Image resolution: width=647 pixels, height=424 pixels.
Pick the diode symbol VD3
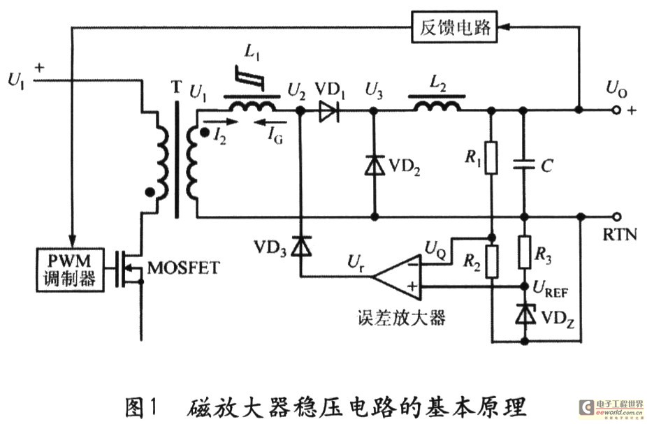(301, 247)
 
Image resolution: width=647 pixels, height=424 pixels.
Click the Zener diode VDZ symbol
(523, 315)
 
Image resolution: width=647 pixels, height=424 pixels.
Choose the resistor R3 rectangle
(523, 252)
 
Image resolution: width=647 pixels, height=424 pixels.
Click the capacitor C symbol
(523, 165)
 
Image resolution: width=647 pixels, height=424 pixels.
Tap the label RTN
(619, 235)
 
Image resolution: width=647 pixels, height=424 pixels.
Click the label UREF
(553, 287)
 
